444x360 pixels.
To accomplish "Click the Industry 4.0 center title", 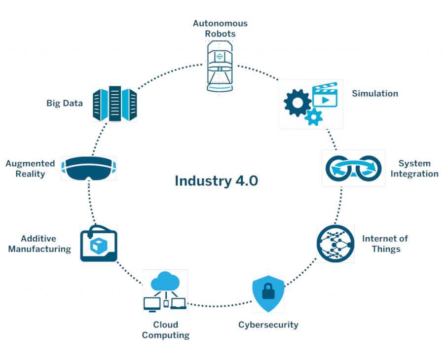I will [x=216, y=180].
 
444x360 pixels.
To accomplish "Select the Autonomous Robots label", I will [x=220, y=29].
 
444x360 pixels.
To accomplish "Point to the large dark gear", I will [x=297, y=102].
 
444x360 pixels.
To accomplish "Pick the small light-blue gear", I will [x=314, y=117].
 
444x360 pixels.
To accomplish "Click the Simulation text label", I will [x=375, y=93].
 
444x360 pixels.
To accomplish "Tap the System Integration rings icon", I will [x=353, y=168].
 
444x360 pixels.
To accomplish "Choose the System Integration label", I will [x=414, y=168].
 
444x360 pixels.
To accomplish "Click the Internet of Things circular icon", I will [x=335, y=243].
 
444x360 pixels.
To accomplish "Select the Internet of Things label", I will [x=385, y=244].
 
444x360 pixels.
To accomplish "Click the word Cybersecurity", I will [x=268, y=324].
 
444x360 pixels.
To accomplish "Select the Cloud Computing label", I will [x=166, y=330].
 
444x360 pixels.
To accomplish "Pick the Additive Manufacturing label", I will [x=39, y=244].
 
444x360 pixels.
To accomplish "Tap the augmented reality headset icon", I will [x=89, y=168].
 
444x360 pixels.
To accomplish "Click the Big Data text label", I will [x=65, y=103].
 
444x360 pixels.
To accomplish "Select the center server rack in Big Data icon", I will [x=115, y=104].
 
